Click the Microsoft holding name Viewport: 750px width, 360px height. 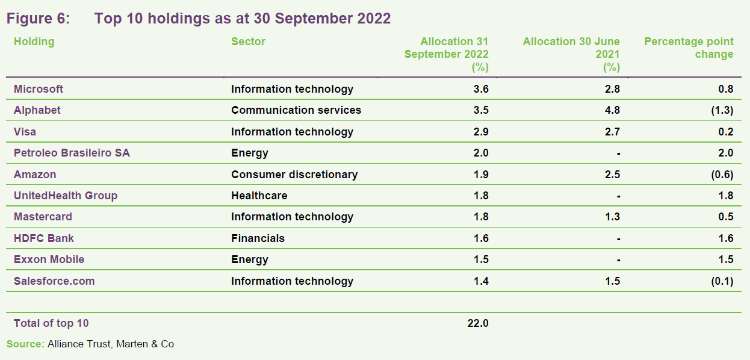point(39,89)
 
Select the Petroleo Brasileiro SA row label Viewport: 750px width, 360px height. point(72,153)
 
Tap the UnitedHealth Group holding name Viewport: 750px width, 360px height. point(66,196)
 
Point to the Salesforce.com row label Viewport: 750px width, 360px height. point(54,281)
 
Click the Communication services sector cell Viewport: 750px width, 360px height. point(296,110)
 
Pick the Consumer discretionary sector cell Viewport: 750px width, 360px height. point(294,175)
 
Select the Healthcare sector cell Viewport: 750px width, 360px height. point(259,196)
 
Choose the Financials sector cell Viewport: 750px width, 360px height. point(258,238)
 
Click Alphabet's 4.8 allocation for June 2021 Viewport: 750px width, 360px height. point(612,110)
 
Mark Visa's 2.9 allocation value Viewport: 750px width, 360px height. point(481,132)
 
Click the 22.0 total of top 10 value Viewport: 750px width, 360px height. point(478,323)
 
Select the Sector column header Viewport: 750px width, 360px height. point(248,42)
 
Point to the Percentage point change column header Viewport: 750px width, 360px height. point(689,48)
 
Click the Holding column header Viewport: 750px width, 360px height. point(34,42)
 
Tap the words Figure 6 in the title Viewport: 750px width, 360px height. point(38,19)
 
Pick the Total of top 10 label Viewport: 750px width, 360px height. point(51,323)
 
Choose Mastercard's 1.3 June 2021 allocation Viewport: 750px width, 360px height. point(612,217)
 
